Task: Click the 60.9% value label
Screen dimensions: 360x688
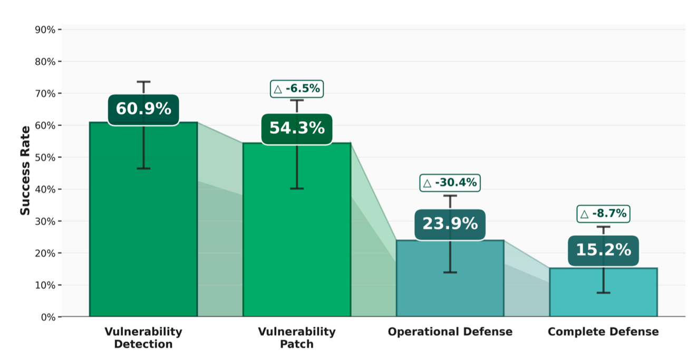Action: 143,109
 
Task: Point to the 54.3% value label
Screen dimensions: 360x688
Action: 297,128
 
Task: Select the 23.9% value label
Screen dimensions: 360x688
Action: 450,224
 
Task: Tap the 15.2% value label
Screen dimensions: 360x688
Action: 603,250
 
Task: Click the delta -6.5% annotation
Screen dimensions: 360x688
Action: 296,89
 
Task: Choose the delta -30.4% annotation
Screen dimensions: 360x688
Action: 450,183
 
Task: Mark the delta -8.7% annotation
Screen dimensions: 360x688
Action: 604,213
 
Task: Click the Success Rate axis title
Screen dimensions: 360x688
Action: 25,170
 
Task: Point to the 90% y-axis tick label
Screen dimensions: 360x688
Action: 45,30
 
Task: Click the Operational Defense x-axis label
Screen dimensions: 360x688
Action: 450,332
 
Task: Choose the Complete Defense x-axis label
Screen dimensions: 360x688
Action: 603,332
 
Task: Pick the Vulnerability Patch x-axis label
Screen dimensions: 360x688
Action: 296,338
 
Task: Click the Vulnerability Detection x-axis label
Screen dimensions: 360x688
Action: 143,338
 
